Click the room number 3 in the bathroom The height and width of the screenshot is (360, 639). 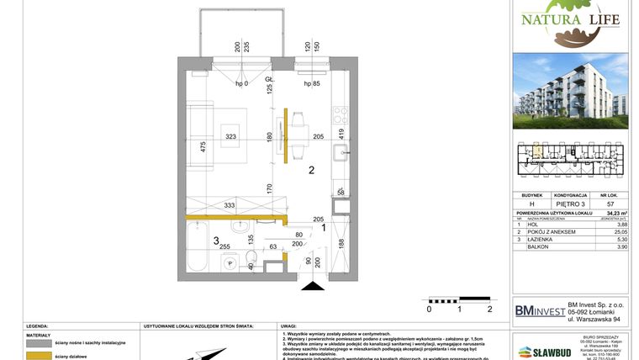tap(216, 241)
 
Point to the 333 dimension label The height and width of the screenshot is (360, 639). tap(230, 204)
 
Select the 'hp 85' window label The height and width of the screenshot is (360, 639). tap(314, 84)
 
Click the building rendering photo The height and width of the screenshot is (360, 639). tap(570, 91)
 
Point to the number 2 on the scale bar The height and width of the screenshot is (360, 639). tap(488, 309)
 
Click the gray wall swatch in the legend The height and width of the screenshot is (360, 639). tap(39, 343)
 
